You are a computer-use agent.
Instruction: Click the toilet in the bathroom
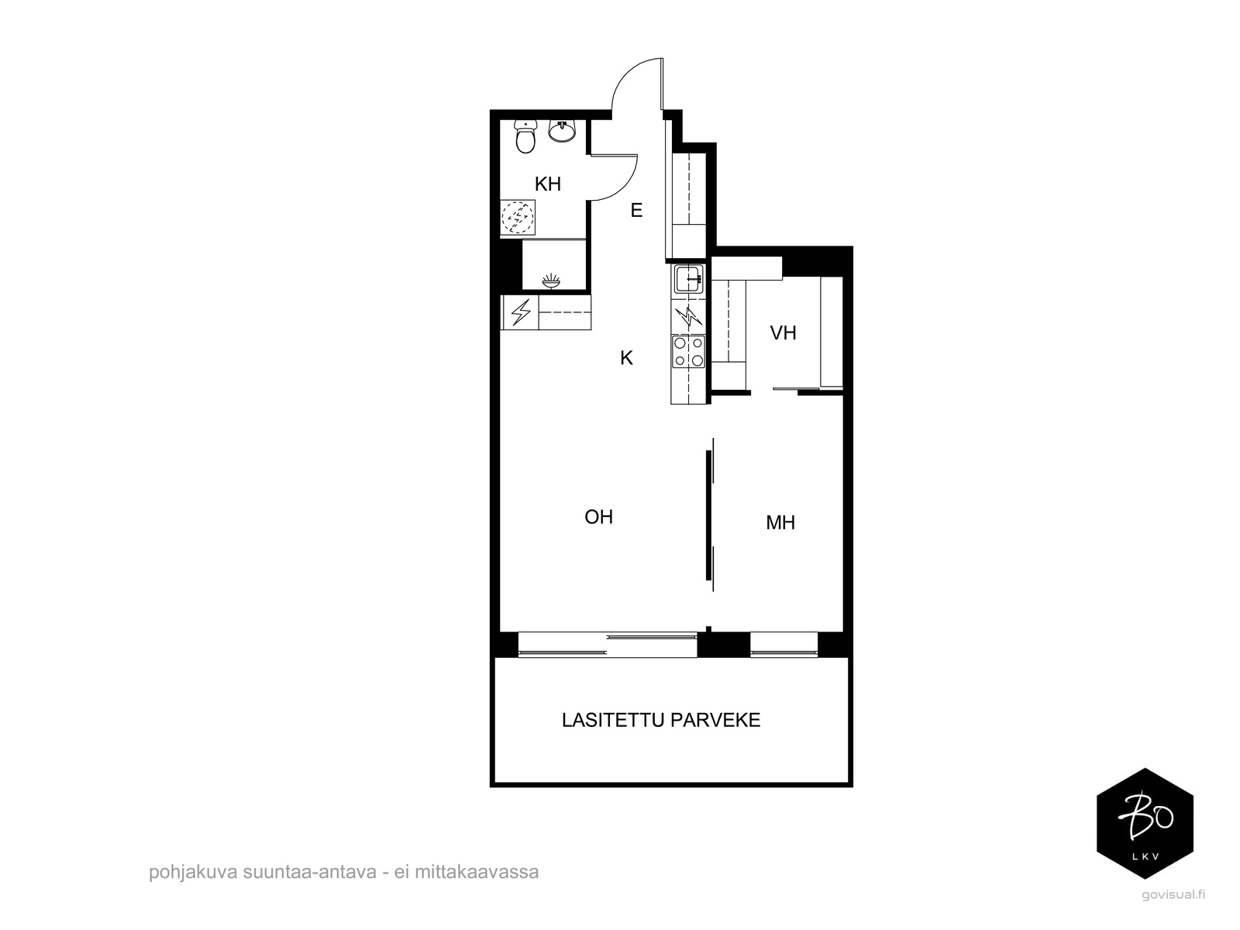526,138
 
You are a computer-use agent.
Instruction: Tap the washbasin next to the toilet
562,132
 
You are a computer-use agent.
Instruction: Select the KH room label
548,184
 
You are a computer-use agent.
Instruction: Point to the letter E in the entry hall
636,210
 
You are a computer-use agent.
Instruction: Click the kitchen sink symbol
688,278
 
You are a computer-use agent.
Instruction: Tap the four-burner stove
688,351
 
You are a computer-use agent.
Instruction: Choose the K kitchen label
626,358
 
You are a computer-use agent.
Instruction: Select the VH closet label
783,333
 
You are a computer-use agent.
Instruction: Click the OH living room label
598,517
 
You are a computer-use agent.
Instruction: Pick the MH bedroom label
780,523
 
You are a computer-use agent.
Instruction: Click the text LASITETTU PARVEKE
661,720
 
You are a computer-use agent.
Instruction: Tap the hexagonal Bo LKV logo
1145,823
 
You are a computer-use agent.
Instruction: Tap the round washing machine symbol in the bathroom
518,217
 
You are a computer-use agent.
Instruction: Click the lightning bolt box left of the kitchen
520,312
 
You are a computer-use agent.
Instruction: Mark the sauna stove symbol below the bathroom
552,281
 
